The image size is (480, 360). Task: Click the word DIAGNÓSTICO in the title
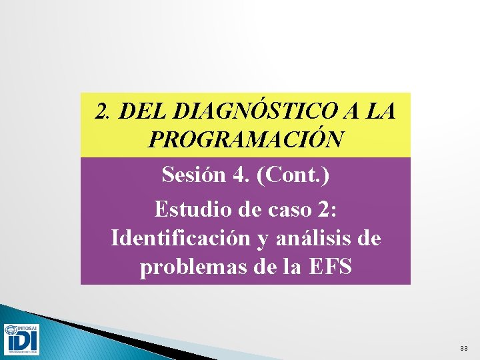tap(240, 111)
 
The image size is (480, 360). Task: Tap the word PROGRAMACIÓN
tap(246, 140)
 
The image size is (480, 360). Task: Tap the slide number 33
tap(463, 349)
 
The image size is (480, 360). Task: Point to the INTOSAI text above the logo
tap(27, 327)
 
